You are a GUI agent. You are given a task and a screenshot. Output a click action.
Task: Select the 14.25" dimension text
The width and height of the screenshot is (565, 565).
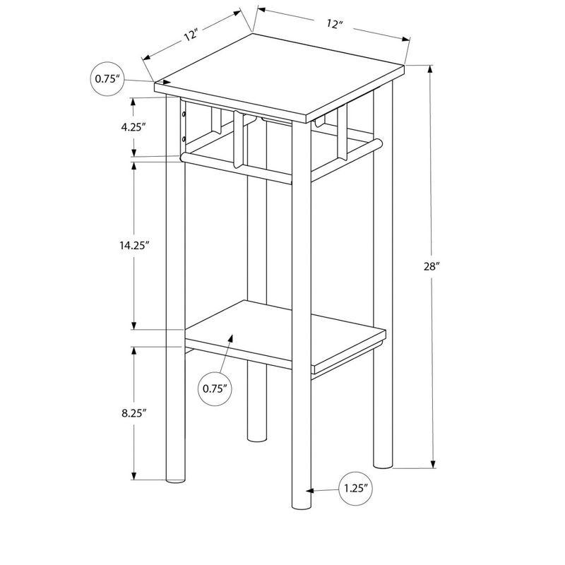click(133, 246)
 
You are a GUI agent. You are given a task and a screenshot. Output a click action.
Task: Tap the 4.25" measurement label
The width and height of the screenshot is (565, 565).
click(133, 127)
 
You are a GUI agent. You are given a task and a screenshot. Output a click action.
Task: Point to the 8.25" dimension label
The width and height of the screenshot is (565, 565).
click(133, 414)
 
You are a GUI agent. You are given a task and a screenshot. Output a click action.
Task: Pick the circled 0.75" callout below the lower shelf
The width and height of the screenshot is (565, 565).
click(217, 388)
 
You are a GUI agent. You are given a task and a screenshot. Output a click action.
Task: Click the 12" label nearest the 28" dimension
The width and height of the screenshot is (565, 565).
click(334, 23)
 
